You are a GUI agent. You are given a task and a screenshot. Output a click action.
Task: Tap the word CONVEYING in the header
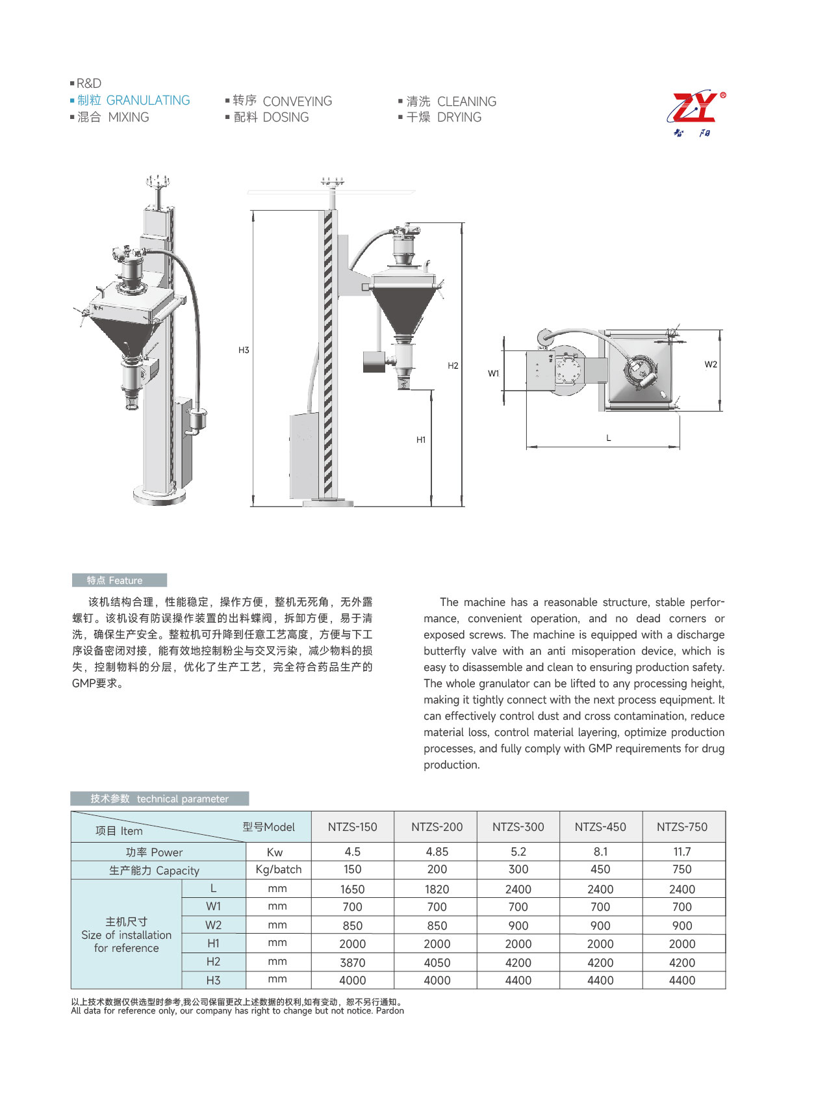coord(297,101)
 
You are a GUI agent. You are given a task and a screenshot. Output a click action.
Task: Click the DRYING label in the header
coord(459,118)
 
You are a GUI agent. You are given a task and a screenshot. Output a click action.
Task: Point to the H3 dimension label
coord(244,350)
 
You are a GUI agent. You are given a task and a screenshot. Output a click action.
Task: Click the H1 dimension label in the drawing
coord(421,440)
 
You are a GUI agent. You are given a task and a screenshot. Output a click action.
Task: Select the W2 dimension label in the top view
coord(711,365)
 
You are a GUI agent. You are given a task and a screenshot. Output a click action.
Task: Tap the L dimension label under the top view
coord(609,438)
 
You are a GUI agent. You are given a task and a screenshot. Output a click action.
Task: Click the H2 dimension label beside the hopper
coord(453,366)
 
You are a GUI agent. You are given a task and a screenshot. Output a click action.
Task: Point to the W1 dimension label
coord(494,374)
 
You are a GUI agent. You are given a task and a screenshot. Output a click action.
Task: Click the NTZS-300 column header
coord(518,827)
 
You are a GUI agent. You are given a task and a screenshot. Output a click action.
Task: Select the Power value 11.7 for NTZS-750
coord(682,852)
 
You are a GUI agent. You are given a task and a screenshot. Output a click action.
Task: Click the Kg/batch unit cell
coord(279,870)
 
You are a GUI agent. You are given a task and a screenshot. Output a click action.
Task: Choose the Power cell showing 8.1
coord(600,852)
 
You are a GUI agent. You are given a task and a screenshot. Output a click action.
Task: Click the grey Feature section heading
coord(119,581)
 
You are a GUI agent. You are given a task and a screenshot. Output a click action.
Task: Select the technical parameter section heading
coord(160,799)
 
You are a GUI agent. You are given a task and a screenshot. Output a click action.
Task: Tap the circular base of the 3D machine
coord(159,495)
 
